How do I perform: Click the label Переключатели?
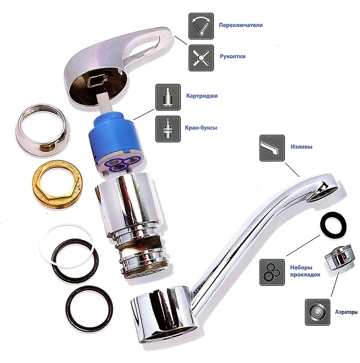coord(241,25)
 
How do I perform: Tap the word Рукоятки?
coord(233,56)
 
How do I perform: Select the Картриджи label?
coord(202,96)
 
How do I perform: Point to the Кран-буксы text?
coord(201,128)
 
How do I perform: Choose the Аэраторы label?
coord(346,312)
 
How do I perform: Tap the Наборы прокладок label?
coord(305,271)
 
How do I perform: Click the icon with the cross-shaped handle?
coord(201,58)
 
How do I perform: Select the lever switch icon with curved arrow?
coord(201,26)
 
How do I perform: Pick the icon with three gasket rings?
coord(272,272)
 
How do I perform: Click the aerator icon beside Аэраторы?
coord(317,312)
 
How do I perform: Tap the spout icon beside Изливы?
coord(272,148)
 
